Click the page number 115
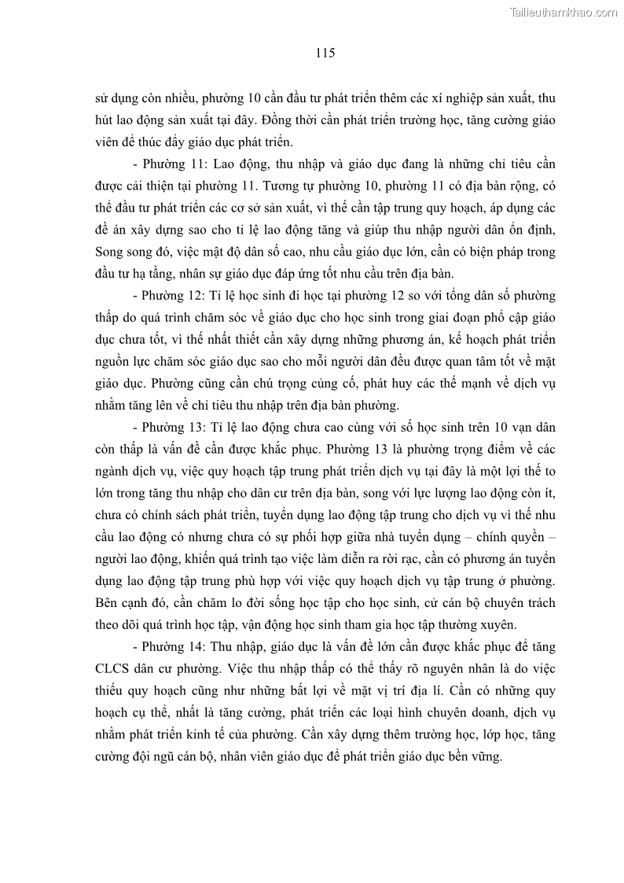click(x=325, y=53)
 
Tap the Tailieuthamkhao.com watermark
click(x=564, y=12)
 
